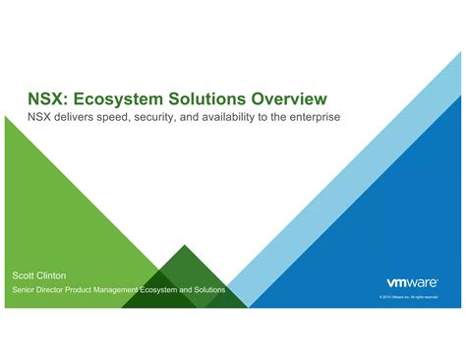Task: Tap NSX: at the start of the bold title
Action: click(x=46, y=99)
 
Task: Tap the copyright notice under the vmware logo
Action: click(x=407, y=296)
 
